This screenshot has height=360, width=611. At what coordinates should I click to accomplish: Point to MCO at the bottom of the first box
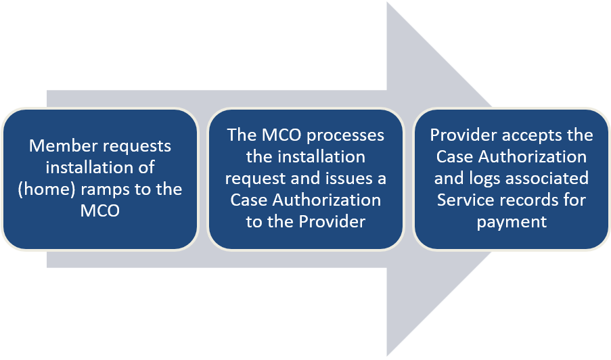(99, 211)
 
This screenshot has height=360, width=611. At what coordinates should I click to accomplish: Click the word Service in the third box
(463, 200)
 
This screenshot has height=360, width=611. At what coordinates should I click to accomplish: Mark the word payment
(512, 222)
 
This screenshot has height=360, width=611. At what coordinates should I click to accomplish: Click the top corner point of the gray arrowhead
(387, 3)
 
